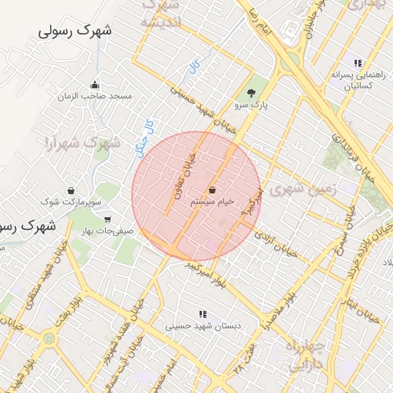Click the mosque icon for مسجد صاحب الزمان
point(94,85)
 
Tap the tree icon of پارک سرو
point(253,94)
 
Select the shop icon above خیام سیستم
point(212,189)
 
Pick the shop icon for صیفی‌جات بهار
point(106,219)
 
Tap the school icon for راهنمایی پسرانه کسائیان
point(357,63)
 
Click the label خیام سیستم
point(212,201)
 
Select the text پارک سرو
point(253,106)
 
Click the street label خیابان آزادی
point(277,243)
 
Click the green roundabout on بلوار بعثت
point(50,337)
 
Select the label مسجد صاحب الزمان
point(99,97)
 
